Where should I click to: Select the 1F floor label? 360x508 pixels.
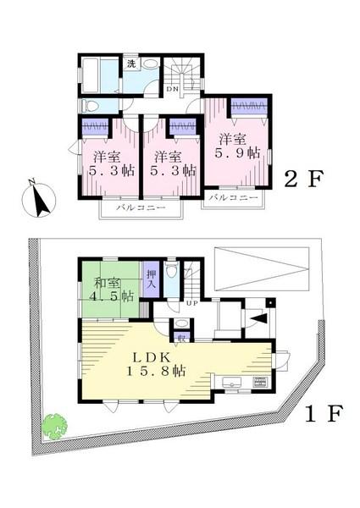(x=323, y=414)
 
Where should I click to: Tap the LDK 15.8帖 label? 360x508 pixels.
(x=158, y=362)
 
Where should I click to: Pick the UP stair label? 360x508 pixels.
(x=191, y=303)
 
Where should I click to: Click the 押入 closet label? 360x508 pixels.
(x=152, y=279)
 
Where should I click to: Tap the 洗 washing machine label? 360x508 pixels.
(x=131, y=63)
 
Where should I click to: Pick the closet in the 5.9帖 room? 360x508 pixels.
(x=250, y=108)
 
